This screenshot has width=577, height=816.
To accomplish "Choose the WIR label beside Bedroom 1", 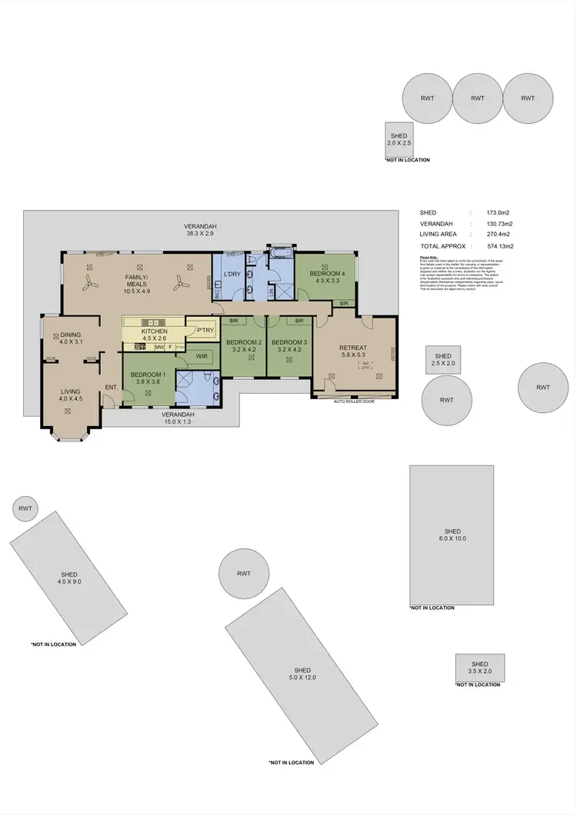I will click(x=202, y=356).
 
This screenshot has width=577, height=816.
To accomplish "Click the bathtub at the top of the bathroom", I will click(x=278, y=251).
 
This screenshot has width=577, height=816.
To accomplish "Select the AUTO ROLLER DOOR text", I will click(x=354, y=401).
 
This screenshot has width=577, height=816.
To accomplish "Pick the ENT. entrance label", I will click(x=110, y=387).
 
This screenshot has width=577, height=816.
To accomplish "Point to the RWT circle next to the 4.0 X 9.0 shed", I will click(x=25, y=508).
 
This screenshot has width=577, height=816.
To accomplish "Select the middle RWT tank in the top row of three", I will click(x=478, y=98).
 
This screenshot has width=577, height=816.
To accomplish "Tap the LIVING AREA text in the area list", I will click(x=439, y=234).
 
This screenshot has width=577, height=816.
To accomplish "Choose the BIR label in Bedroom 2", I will click(x=233, y=321).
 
